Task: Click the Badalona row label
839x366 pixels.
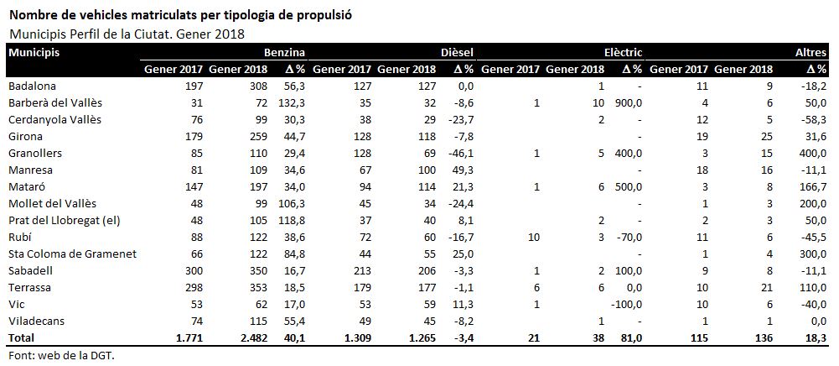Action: point(33,86)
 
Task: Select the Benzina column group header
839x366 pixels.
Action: point(284,53)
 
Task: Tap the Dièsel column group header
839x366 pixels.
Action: point(457,53)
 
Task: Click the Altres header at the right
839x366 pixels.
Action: point(811,53)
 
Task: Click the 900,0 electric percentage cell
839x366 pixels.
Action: point(629,103)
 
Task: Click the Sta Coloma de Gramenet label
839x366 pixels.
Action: point(73,254)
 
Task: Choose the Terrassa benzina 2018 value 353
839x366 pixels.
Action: point(258,288)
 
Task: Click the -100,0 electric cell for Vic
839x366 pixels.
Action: point(627,305)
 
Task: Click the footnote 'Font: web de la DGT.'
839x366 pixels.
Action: point(62,355)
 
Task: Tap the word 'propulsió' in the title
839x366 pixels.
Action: point(326,14)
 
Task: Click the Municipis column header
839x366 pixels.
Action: point(34,53)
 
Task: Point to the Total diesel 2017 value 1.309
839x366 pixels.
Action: point(357,338)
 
